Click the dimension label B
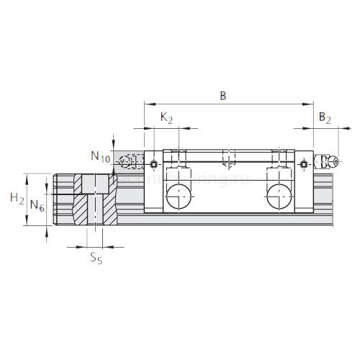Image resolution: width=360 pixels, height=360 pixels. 222,96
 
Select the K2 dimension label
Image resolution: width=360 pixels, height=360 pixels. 166,117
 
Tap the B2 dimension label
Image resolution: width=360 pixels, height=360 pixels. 325,117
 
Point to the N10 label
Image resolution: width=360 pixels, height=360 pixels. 100,156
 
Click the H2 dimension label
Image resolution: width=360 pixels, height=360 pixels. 17,197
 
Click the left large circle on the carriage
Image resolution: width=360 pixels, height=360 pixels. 177,197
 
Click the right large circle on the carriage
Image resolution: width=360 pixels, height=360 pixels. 280,197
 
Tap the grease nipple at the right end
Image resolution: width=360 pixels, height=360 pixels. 330,163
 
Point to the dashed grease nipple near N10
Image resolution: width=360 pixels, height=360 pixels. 130,163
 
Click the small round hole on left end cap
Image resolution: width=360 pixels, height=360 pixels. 153,166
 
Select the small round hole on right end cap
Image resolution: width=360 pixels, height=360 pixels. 305,166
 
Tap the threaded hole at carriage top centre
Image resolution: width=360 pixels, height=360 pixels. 228,158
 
